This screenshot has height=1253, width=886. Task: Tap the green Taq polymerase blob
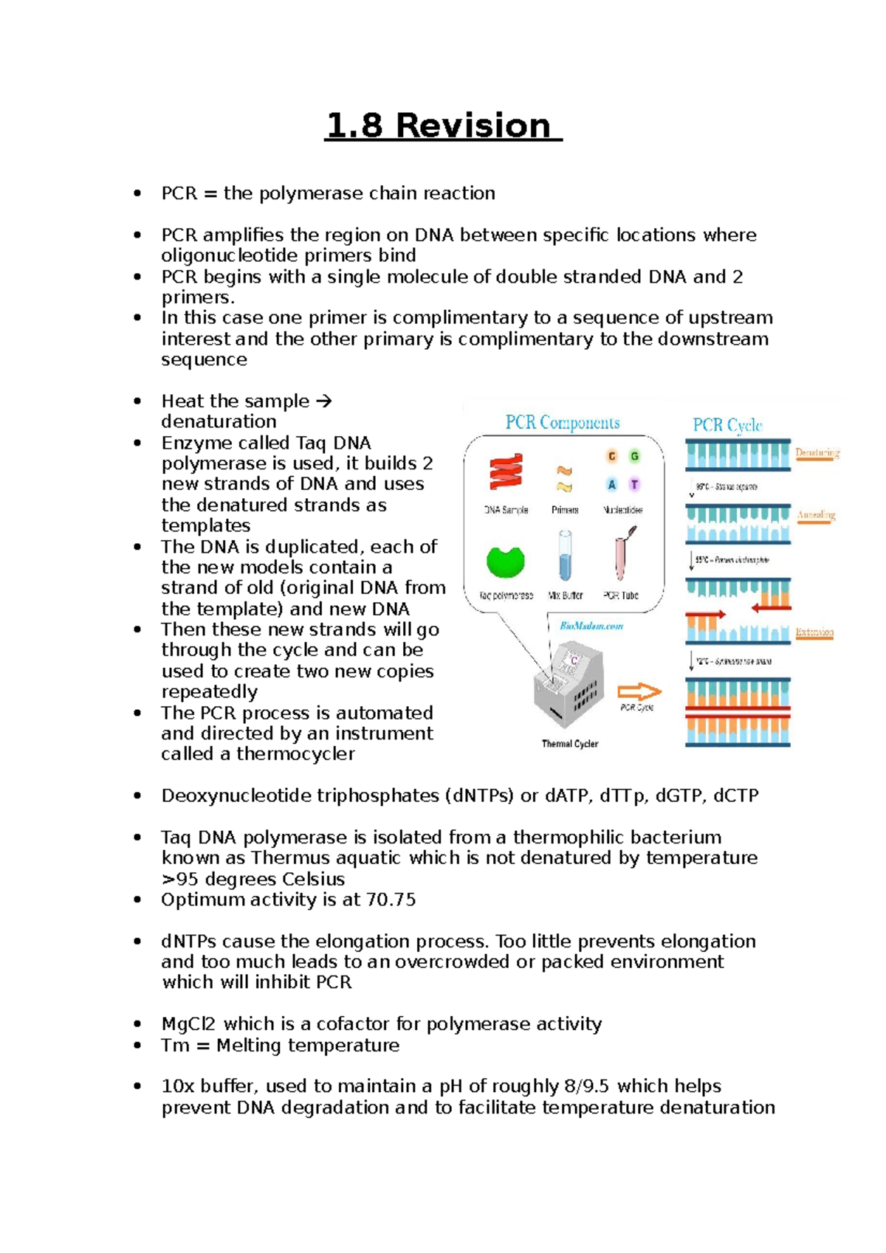point(506,562)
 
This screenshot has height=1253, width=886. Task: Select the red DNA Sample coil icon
point(506,472)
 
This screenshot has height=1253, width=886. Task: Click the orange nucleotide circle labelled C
point(611,456)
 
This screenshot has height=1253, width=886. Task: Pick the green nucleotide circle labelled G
point(634,456)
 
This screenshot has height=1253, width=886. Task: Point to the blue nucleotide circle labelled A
point(611,485)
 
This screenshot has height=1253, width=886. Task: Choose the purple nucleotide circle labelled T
point(634,485)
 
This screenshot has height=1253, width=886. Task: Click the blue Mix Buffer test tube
point(566,557)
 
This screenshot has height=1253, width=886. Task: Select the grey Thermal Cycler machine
point(569,686)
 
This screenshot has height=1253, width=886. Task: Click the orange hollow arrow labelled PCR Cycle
point(639,692)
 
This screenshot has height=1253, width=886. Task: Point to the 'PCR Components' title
point(563,423)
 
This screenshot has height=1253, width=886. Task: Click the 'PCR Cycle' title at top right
point(727,425)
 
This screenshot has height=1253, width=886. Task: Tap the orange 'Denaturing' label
point(817,453)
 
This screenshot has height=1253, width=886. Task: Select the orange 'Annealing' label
point(816,515)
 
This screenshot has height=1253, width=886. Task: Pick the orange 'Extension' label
point(814,632)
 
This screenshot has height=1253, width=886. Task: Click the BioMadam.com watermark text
point(591,626)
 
